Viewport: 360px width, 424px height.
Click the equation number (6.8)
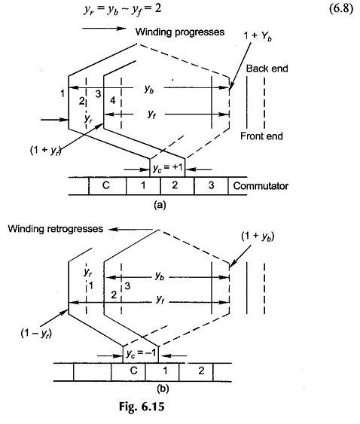[341, 9]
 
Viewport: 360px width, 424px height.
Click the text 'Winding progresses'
[180, 32]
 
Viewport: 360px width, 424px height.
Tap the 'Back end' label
[267, 69]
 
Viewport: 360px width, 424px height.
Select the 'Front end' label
[261, 136]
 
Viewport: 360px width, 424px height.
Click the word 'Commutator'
[261, 186]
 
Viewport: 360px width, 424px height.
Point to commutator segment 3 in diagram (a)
[211, 185]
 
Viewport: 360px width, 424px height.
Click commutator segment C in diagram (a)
[107, 185]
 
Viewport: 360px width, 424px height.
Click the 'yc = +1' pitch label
[168, 168]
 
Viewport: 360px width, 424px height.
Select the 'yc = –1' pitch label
[141, 353]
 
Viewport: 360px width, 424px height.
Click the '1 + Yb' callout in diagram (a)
[258, 35]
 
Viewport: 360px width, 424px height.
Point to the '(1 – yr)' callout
[36, 334]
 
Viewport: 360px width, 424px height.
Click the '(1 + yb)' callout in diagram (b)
[258, 236]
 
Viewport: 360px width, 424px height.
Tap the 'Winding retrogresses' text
[56, 229]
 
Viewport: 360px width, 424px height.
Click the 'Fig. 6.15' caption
[142, 407]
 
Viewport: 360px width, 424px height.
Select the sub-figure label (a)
[160, 205]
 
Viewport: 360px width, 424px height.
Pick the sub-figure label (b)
[163, 389]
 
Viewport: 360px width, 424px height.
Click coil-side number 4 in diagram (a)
[113, 101]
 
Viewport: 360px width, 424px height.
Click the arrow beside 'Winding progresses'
[105, 28]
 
